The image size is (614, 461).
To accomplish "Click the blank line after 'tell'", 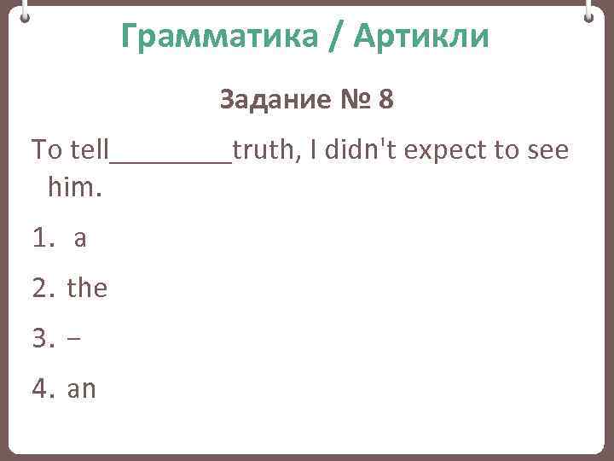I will (171, 158).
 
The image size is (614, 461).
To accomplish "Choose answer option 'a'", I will (80, 240).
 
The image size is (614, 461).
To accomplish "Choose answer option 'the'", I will (87, 289).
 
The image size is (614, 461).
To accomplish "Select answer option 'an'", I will (82, 390).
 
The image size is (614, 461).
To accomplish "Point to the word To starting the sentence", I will (47, 151).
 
